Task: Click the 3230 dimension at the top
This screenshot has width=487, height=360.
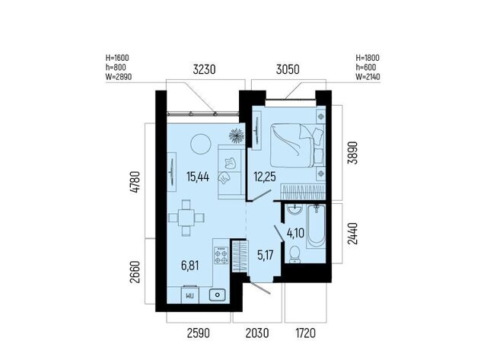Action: (204, 69)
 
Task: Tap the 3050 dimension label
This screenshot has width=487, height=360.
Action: (288, 69)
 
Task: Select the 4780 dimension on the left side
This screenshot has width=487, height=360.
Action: (135, 182)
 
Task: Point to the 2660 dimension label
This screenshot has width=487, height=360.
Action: (135, 272)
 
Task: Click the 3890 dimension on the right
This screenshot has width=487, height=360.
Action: (352, 152)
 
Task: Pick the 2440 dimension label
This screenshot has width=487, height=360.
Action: (352, 233)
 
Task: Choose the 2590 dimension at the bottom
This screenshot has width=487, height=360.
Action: (199, 333)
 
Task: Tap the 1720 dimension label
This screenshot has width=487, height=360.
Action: (306, 333)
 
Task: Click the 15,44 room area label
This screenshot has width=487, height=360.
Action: (198, 177)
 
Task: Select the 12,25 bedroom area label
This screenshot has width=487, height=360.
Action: (265, 177)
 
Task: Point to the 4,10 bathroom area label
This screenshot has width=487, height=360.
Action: (295, 233)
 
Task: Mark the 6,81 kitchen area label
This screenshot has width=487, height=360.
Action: (189, 266)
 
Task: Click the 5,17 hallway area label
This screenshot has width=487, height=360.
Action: (266, 255)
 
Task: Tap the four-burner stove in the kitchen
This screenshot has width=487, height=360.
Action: (221, 255)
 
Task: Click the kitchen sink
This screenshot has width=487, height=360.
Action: (217, 295)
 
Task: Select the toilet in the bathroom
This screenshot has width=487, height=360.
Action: (294, 254)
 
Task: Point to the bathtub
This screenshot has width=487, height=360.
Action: (316, 226)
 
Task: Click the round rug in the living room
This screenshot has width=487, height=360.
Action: (201, 144)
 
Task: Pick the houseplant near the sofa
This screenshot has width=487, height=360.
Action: (237, 136)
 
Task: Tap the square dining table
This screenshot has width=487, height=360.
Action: (186, 218)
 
